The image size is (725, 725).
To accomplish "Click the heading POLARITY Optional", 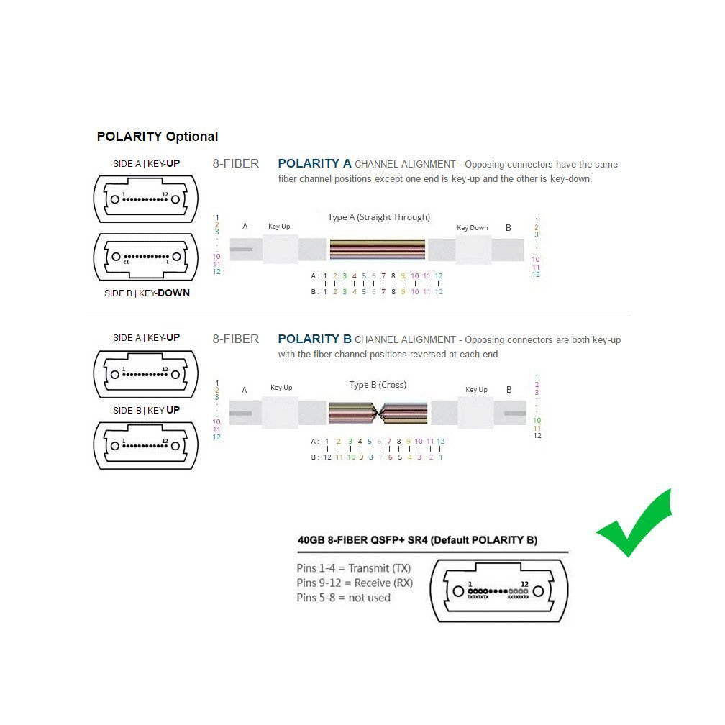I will click(158, 137).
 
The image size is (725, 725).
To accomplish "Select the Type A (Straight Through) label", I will click(378, 217).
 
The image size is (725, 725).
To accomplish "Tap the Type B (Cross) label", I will click(378, 385).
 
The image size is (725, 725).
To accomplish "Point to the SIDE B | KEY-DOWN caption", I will click(147, 293).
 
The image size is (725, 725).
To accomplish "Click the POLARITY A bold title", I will click(314, 164).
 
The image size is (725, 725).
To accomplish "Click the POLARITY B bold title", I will click(314, 339).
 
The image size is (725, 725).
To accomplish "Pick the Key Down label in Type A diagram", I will click(473, 228).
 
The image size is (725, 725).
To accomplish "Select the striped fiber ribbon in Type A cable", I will click(378, 250).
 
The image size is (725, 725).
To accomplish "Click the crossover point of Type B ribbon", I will click(378, 414).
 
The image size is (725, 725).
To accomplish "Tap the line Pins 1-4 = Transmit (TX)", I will click(353, 568).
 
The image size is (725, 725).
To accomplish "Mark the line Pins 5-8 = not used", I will click(343, 598).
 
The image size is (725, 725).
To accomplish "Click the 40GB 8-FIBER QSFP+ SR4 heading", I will click(417, 540).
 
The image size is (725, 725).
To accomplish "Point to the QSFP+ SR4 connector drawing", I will click(498, 591).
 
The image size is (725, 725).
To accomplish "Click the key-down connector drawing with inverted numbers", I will click(145, 257).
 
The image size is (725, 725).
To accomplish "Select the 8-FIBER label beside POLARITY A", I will click(235, 164).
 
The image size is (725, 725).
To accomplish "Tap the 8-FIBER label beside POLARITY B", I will click(235, 339).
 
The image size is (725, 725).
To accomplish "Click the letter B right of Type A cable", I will click(509, 228).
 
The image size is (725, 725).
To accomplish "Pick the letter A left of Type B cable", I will click(245, 391).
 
